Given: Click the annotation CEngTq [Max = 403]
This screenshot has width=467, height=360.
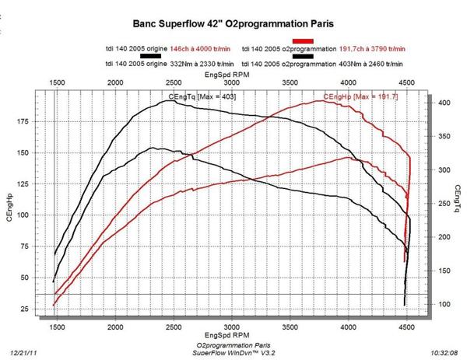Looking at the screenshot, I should pos(202,96).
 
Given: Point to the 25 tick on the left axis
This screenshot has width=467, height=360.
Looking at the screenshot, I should pos(24,310).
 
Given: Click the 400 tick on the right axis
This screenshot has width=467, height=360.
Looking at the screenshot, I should pos(442,103).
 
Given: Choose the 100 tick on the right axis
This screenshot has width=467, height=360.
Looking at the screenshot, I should pos(442,303).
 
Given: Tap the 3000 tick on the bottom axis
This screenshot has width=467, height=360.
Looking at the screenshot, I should pos(231,327).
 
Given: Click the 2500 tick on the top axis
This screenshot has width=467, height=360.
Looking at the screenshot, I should pos(173,82).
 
